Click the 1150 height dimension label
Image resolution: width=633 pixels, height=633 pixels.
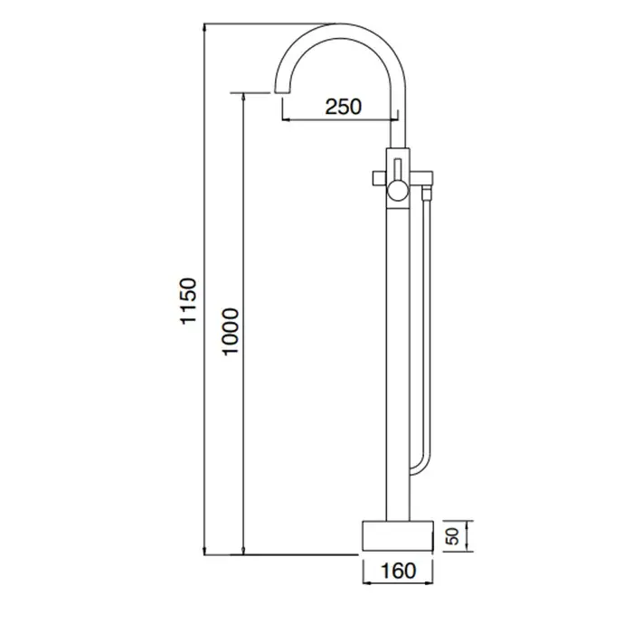coord(188,300)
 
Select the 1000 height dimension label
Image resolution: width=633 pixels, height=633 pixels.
coord(231,332)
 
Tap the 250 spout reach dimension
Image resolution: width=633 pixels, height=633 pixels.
coord(343,107)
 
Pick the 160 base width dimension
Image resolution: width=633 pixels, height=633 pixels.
coord(398,571)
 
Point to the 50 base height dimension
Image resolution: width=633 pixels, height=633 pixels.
coord(454,536)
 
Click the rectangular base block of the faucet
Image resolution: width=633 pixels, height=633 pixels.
coord(398,535)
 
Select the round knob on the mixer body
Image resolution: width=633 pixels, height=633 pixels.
coord(398,190)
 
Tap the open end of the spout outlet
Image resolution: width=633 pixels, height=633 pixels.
coord(282,92)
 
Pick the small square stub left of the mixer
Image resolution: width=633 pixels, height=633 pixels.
coord(380,178)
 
